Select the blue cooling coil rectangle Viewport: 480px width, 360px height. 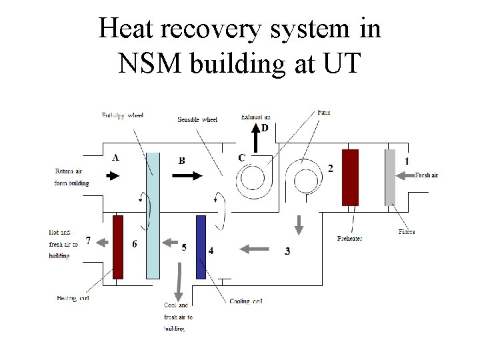point(201,247)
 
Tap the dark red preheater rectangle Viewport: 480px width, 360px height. point(350,177)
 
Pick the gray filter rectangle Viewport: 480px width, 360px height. point(390,177)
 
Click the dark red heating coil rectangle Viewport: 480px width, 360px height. point(118,247)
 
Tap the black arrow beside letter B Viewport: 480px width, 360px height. point(187,176)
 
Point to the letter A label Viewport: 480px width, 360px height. point(115,158)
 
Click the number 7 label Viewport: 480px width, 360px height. point(88,240)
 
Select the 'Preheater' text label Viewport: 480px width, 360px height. point(350,238)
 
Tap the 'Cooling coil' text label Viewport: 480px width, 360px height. point(246,301)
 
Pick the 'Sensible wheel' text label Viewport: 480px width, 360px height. point(197,120)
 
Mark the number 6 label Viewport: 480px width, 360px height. point(135,244)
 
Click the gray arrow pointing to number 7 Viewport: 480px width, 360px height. point(101,244)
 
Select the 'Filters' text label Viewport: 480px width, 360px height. point(407,232)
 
